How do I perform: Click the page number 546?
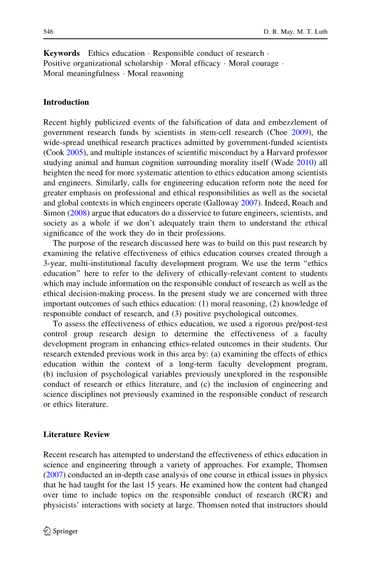coord(48,32)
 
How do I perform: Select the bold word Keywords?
coord(61,54)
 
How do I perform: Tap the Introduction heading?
coord(66,102)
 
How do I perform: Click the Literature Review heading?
coord(76,435)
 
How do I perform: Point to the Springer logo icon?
coord(47,531)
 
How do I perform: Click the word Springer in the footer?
coord(66,532)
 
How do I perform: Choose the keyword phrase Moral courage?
coord(254,64)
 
